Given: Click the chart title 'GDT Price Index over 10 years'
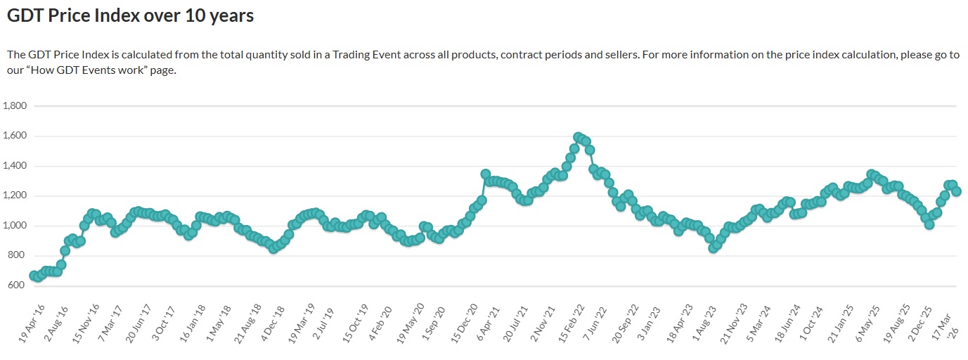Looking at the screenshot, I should point(130,15).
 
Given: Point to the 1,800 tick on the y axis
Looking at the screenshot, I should point(15,106).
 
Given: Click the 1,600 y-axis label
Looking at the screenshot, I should point(15,136).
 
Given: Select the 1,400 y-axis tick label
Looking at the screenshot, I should point(15,166).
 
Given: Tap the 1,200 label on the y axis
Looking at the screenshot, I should point(15,196).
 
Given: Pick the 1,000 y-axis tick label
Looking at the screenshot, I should point(15,226).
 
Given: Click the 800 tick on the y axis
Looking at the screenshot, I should point(18,256).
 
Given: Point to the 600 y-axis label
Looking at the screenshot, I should point(18,285).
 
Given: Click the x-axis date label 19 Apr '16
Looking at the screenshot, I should point(32,324).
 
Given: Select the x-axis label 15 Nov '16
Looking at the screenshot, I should point(87,324).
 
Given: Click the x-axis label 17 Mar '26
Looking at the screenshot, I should point(946,324).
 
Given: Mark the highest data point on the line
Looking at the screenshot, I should point(578,137).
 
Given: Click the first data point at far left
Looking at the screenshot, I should point(34,276).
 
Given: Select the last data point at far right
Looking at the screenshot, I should point(956,191).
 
